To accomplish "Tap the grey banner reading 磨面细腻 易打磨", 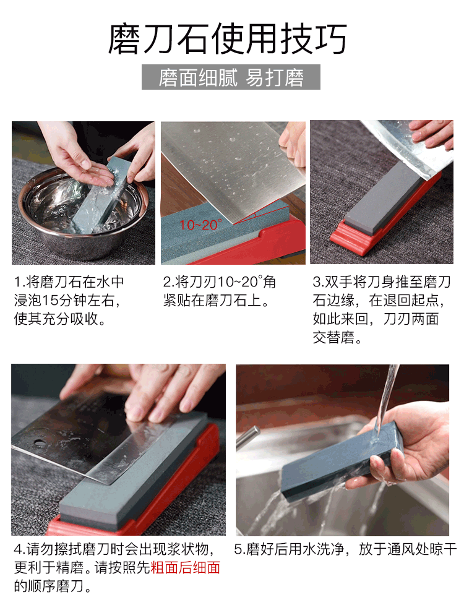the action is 231,77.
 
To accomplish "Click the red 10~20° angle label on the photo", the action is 200,225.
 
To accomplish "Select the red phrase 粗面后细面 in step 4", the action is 186,567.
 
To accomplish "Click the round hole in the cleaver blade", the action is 40,442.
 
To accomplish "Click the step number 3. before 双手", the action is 319,282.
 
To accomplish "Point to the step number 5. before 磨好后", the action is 239,549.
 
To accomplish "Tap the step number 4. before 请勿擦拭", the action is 20,549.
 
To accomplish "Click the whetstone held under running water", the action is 342,459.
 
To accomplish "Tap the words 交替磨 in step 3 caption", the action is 333,338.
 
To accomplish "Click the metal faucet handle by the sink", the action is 247,438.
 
